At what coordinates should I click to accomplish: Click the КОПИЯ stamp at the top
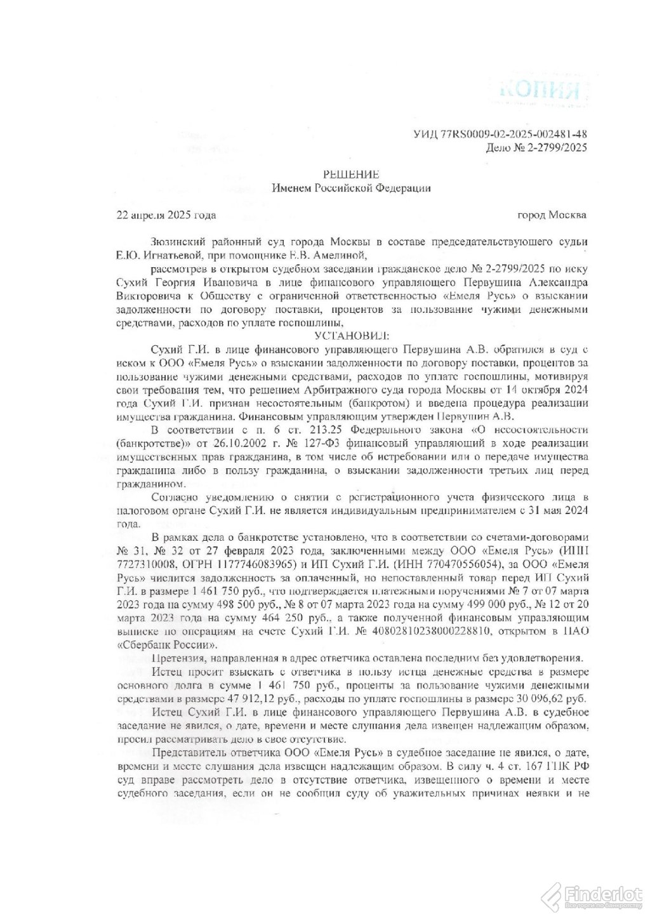540,89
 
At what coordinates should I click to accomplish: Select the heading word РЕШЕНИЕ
351,174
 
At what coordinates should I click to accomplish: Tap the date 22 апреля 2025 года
166,215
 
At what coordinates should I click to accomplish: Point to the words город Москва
552,215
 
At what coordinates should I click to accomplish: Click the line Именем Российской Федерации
351,188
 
